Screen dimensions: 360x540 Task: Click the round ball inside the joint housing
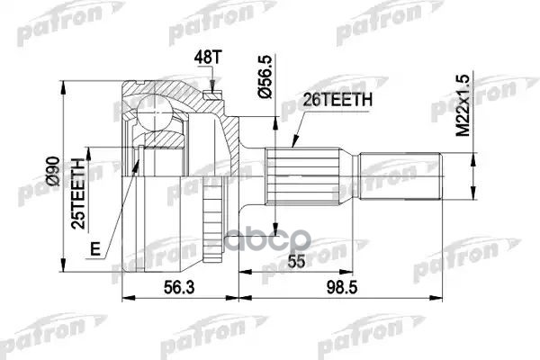pos(155,113)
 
